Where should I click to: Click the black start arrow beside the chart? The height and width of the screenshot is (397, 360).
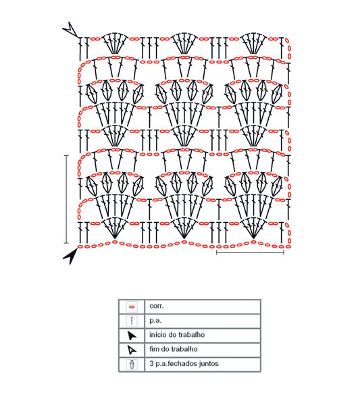[x=71, y=257]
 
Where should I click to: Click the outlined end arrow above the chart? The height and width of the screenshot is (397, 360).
[x=71, y=30]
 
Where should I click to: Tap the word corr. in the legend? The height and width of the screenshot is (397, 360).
[x=157, y=306]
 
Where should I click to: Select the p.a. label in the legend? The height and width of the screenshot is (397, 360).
[x=155, y=321]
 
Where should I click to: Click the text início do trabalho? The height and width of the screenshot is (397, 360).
[x=177, y=335]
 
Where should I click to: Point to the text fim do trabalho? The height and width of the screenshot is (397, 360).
[x=174, y=349]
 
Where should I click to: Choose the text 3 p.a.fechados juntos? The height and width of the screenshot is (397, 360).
[x=184, y=363]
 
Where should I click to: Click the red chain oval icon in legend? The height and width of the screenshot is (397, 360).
[x=132, y=307]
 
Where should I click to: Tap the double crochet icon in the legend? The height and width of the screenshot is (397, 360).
[x=132, y=321]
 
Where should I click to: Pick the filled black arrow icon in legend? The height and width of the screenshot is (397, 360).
[x=132, y=336]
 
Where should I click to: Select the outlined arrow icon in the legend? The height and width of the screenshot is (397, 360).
[x=132, y=350]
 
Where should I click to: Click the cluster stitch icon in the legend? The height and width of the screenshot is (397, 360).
[x=132, y=365]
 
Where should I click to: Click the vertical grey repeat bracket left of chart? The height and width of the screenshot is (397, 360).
[x=66, y=199]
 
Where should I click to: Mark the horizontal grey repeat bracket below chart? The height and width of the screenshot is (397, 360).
[x=250, y=253]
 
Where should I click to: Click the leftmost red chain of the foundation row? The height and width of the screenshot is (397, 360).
[x=80, y=246]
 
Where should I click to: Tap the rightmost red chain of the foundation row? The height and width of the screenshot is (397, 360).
[x=288, y=246]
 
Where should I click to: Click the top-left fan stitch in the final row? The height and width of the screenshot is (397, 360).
[x=115, y=43]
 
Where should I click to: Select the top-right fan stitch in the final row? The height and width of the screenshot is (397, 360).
[x=253, y=43]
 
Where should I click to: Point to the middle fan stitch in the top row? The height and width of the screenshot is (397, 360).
[x=184, y=43]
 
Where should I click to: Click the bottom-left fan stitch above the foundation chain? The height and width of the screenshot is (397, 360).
[x=115, y=228]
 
